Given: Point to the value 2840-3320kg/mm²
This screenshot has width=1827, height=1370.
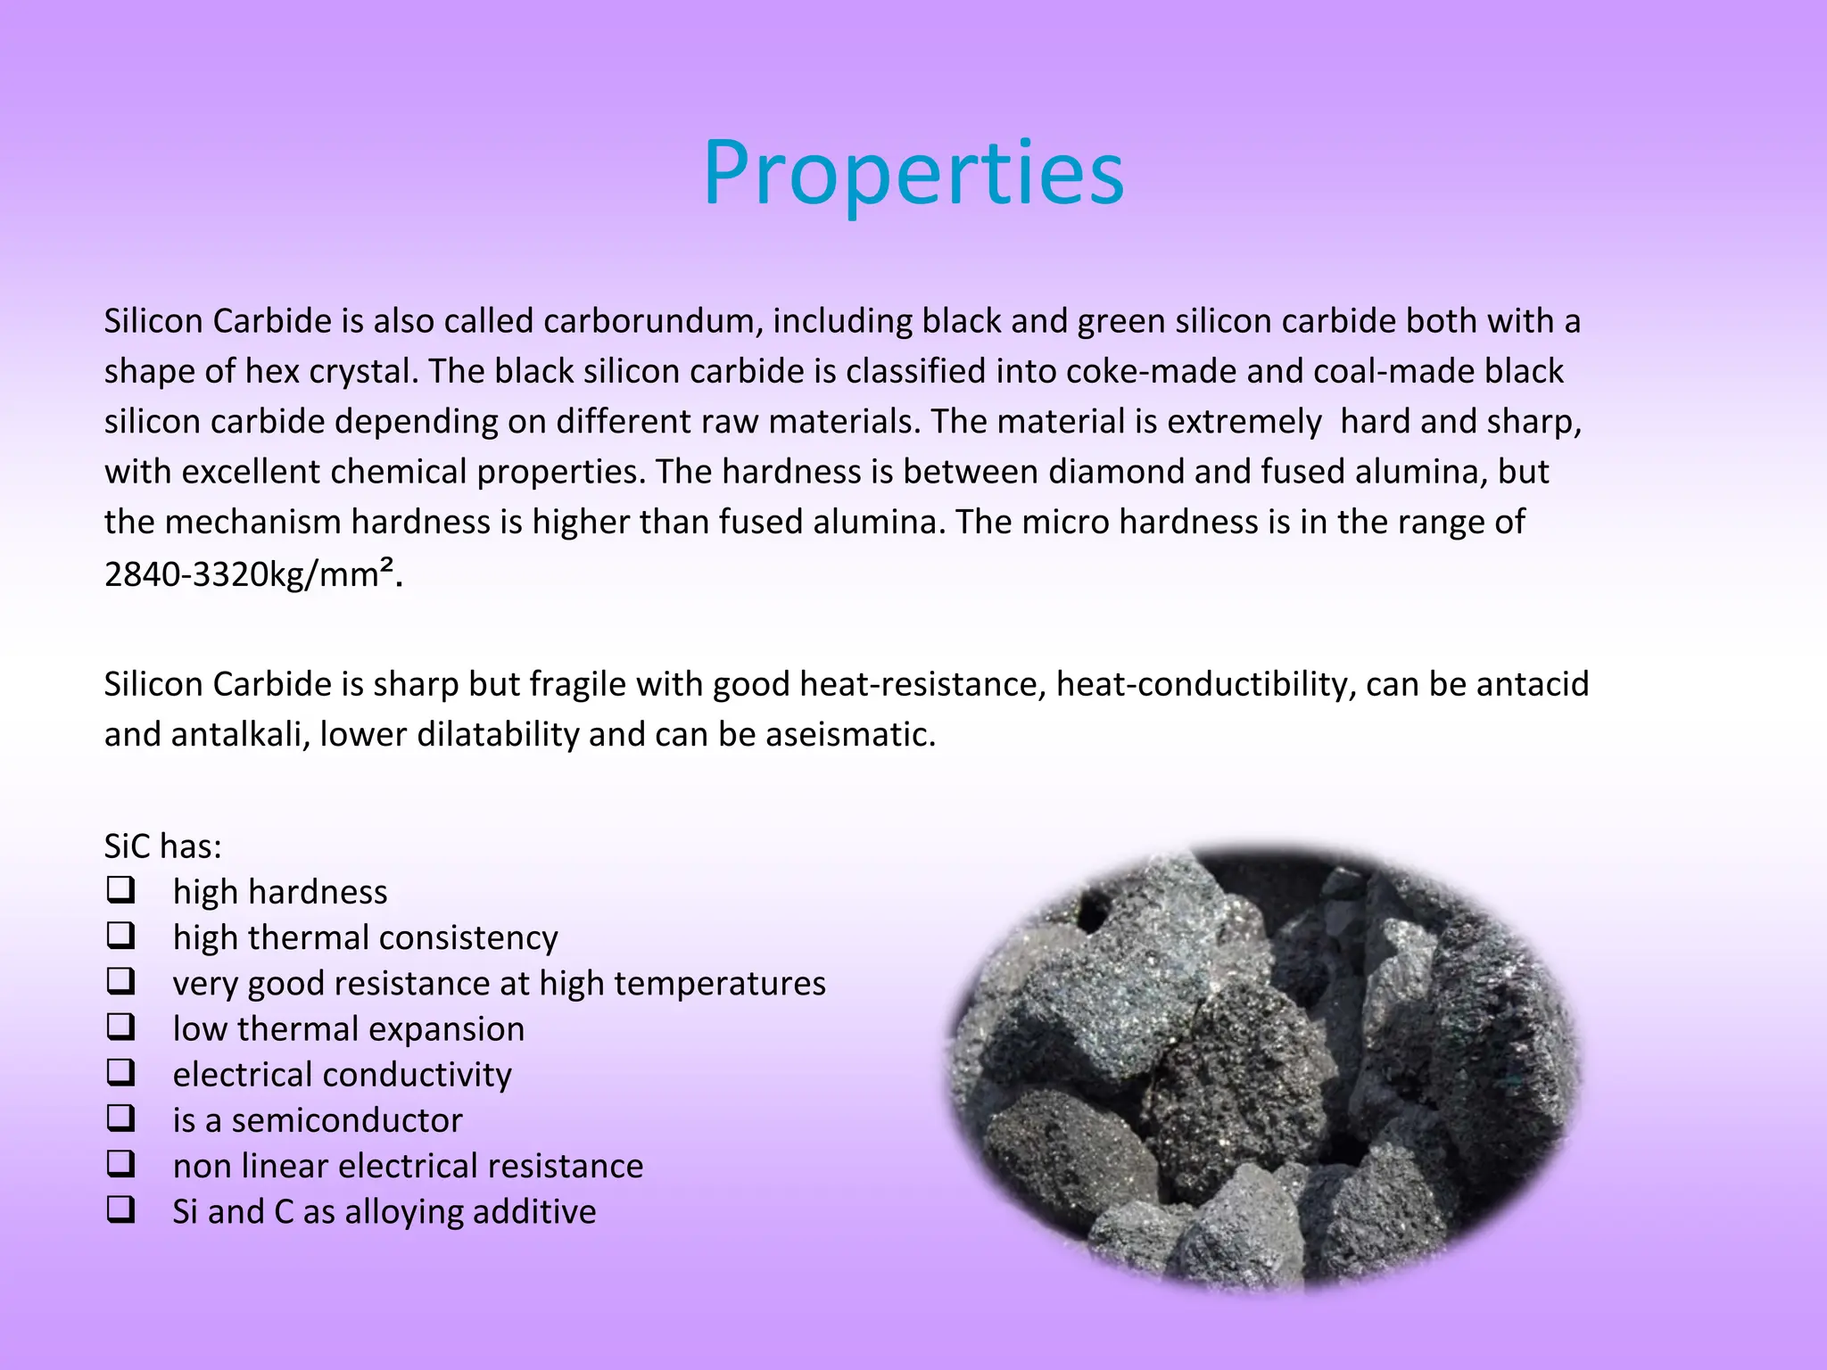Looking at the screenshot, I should point(249,574).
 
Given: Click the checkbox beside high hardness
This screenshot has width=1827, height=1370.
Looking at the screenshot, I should point(120,890).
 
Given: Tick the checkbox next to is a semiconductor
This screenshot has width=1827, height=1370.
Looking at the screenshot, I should point(120,1118).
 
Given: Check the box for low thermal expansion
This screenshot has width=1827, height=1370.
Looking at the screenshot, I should point(120,1027).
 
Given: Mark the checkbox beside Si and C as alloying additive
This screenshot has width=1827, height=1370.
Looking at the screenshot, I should point(120,1210).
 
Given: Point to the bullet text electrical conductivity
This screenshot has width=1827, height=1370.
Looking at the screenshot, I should point(342,1076).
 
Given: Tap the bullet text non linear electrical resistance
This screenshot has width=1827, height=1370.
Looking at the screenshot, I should point(408,1167).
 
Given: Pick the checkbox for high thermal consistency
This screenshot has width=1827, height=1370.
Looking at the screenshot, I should point(120,936).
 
